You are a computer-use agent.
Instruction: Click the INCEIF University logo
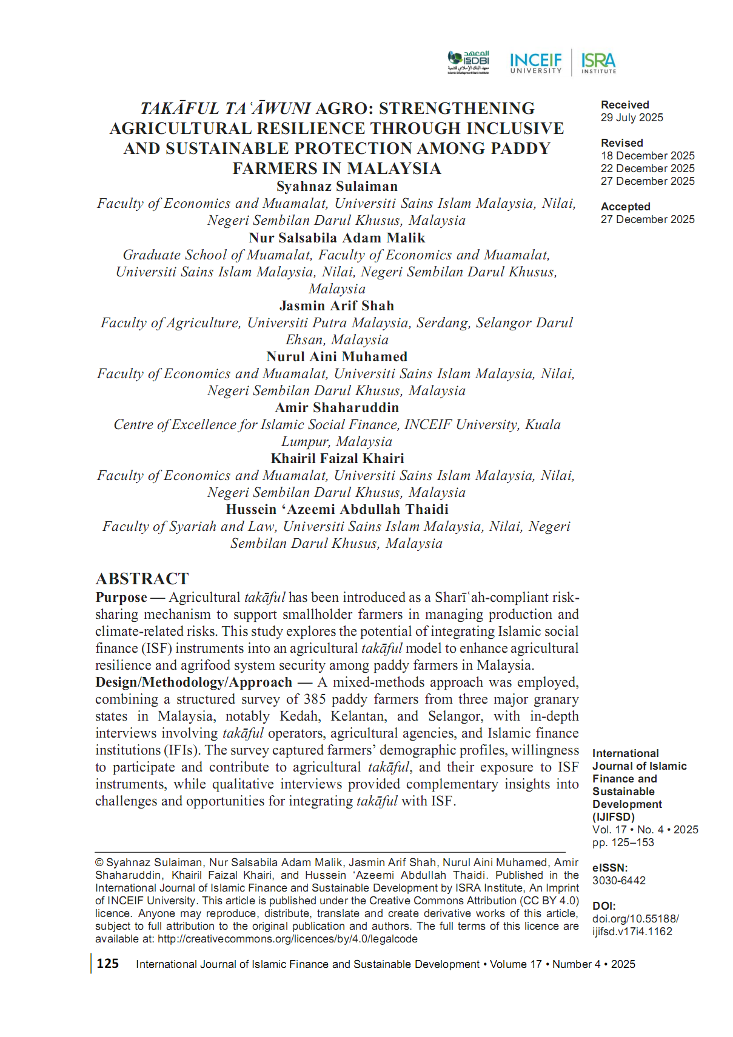click(536, 62)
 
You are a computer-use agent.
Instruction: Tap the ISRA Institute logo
click(598, 62)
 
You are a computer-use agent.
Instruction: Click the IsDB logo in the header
click(469, 62)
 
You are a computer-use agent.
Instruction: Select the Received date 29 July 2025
click(632, 118)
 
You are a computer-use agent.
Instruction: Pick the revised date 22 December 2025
click(648, 168)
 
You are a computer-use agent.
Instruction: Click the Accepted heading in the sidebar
click(625, 207)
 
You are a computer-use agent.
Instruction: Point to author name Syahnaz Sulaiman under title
click(337, 187)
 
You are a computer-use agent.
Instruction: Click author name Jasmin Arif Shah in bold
click(336, 306)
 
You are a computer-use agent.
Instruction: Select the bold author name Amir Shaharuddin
click(337, 408)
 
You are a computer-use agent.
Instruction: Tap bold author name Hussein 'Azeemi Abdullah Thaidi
click(337, 510)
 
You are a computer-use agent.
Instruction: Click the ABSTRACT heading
click(142, 579)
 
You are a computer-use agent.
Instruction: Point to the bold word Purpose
click(121, 598)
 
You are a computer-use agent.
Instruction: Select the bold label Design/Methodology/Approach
click(193, 682)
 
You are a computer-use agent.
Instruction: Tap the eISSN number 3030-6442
click(618, 881)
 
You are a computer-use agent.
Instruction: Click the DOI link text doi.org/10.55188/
click(635, 919)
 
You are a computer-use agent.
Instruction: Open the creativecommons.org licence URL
click(287, 939)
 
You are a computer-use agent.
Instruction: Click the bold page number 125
click(108, 964)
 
